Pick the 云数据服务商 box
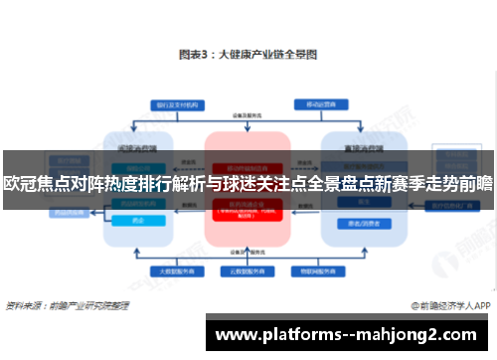point(247,270)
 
